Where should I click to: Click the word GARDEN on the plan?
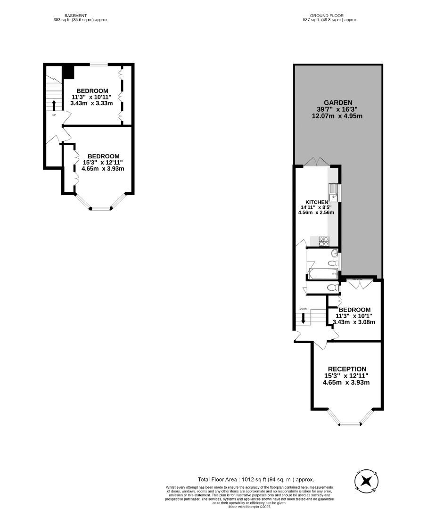point(338,102)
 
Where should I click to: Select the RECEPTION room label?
point(347,369)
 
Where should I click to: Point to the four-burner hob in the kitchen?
point(324,241)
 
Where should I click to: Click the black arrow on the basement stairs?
point(53,105)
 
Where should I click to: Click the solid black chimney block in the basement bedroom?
point(68,72)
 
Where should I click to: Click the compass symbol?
point(366,482)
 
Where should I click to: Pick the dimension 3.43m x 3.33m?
point(91,103)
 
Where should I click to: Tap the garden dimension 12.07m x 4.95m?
point(337,115)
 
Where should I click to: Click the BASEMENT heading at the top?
point(76,16)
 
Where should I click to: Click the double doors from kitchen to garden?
point(316,162)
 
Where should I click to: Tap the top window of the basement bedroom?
point(99,65)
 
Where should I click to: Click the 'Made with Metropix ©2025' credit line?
point(250,506)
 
